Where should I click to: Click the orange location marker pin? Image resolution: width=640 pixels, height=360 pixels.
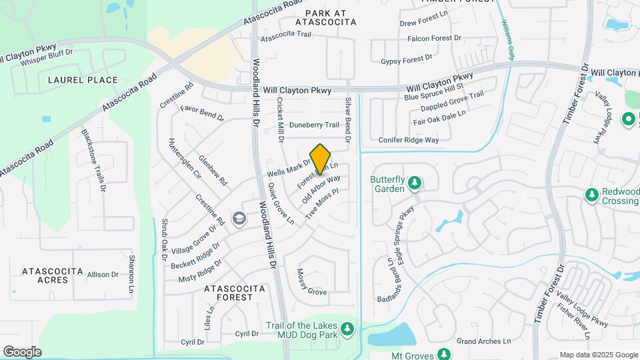[x=320, y=158]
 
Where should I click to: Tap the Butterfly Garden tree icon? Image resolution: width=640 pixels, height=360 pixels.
[x=414, y=182]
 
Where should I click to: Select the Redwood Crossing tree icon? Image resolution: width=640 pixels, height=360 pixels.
[x=591, y=194]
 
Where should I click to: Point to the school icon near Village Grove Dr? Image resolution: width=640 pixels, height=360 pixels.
[x=239, y=219]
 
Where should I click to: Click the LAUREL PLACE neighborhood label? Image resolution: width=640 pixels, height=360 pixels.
[x=83, y=80]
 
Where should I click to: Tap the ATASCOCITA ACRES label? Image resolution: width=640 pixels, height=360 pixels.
[x=53, y=275]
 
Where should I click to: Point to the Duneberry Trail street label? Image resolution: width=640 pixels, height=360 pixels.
[x=318, y=125]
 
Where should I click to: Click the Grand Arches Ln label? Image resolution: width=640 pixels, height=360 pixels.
[x=484, y=341]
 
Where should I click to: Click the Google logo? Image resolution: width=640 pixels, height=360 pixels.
[x=22, y=351]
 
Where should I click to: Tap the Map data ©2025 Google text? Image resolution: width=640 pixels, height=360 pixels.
[x=597, y=355]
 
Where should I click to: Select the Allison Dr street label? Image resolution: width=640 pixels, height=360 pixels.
[x=102, y=274]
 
